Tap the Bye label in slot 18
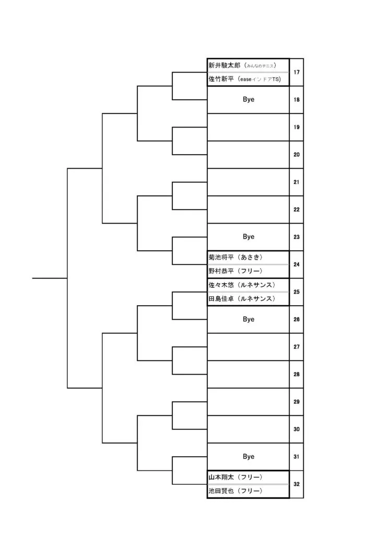tap(249, 99)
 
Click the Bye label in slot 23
tap(249, 237)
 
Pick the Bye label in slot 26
tap(249, 319)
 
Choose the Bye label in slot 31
tap(249, 457)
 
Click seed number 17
tap(297, 72)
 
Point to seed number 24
tap(297, 264)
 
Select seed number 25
tap(297, 292)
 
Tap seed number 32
tap(297, 484)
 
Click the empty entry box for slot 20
tap(249, 155)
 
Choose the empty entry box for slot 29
tap(249, 402)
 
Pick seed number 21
tap(297, 182)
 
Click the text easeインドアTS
tap(259, 79)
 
